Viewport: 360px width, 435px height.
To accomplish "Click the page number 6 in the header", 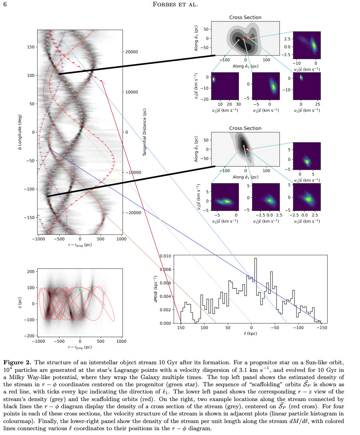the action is coord(5,4).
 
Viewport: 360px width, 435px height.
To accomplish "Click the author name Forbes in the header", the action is coord(163,4).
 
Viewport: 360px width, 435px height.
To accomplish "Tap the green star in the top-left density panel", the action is coord(80,132).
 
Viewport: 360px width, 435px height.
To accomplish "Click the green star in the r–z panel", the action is coord(80,290).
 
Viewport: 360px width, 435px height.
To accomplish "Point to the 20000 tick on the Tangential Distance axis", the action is coord(131,52).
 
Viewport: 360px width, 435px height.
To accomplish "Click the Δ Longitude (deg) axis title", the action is coord(20,132).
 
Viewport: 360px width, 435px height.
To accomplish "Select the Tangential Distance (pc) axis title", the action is coord(144,132).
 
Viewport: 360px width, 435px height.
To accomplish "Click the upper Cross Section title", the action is coord(245,18).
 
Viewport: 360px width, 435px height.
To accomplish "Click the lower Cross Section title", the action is coord(245,128).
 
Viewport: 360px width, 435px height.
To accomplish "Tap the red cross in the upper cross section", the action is coord(246,38).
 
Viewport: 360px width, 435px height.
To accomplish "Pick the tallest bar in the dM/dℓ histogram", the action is coord(255,291).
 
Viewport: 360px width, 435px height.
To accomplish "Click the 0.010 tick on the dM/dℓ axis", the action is coord(165,256).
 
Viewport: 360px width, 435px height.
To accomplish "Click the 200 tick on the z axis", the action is coord(30,272).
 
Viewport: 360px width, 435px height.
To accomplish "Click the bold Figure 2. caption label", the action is coord(18,363).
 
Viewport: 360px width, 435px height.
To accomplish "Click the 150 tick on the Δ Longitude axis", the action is coord(31,47).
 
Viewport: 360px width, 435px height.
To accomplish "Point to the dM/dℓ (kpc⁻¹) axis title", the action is coord(156,289).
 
